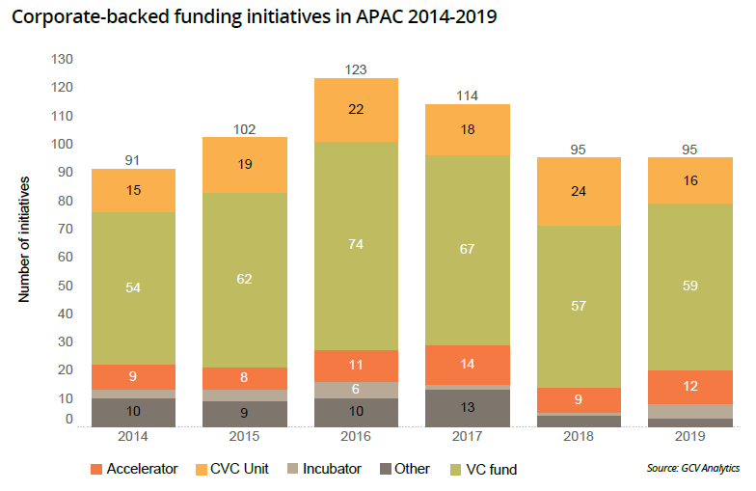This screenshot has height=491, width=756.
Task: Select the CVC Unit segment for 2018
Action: click(580, 192)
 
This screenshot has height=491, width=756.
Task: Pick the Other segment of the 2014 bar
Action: click(134, 412)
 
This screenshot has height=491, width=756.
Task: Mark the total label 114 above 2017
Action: click(468, 95)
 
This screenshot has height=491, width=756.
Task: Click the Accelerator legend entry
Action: click(134, 469)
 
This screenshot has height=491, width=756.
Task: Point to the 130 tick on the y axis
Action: click(62, 60)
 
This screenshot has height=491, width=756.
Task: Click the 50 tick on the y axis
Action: click(66, 286)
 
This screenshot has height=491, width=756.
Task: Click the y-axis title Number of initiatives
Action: click(26, 239)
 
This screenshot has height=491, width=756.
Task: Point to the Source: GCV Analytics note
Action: click(693, 468)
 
